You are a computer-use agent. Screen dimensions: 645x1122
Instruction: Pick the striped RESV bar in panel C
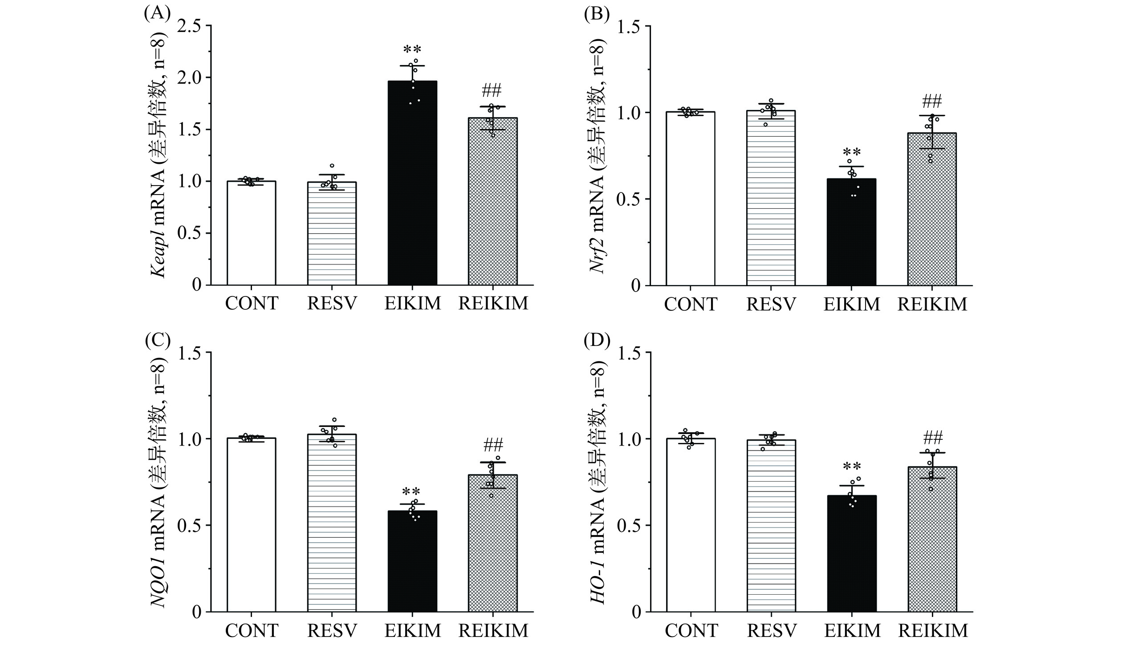pyautogui.click(x=332, y=525)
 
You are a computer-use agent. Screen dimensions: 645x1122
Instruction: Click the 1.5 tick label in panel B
pyautogui.click(x=632, y=26)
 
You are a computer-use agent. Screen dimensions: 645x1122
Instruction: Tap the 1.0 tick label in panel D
pyautogui.click(x=632, y=439)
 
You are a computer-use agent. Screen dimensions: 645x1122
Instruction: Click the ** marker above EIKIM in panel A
pyautogui.click(x=412, y=49)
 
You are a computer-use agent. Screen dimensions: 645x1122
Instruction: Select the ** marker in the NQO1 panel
pyautogui.click(x=412, y=492)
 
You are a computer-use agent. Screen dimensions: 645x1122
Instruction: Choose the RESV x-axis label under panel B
pyautogui.click(x=771, y=304)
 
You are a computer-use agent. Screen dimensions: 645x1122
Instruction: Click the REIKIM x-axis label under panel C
pyautogui.click(x=493, y=630)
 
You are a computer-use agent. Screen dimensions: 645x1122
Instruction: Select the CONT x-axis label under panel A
pyautogui.click(x=252, y=304)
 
